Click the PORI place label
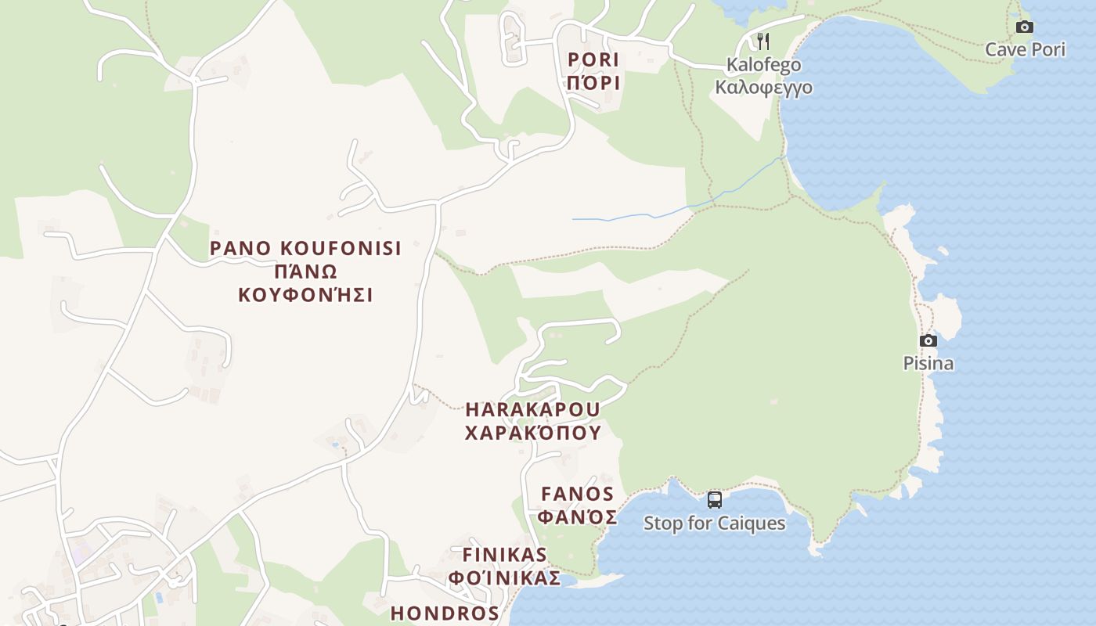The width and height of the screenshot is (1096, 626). click(x=593, y=59)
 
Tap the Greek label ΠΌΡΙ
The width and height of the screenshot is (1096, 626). click(x=593, y=83)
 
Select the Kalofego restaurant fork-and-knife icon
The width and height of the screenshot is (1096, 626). click(x=763, y=41)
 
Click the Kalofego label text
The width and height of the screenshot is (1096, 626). click(x=763, y=65)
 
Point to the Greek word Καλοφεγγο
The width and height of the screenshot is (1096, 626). click(x=763, y=87)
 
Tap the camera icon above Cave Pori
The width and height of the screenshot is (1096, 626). click(x=1024, y=27)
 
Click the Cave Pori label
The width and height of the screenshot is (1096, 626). click(x=1025, y=50)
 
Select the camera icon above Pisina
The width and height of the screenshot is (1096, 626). click(x=928, y=340)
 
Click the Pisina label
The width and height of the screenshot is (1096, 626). click(x=928, y=364)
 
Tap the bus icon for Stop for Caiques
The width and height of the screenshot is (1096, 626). click(x=714, y=500)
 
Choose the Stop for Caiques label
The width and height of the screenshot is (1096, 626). click(x=714, y=523)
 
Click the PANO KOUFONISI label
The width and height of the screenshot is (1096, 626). click(x=305, y=249)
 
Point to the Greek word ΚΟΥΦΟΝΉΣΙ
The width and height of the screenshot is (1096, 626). click(x=305, y=296)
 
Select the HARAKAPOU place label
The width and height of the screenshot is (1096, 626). click(x=532, y=409)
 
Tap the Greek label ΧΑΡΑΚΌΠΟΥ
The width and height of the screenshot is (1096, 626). click(x=532, y=433)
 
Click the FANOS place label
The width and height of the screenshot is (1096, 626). click(x=578, y=495)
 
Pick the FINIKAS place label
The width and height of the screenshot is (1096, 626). click(x=504, y=555)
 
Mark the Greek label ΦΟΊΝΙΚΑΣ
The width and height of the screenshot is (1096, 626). click(x=504, y=578)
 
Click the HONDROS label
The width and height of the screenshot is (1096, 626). click(x=445, y=613)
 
